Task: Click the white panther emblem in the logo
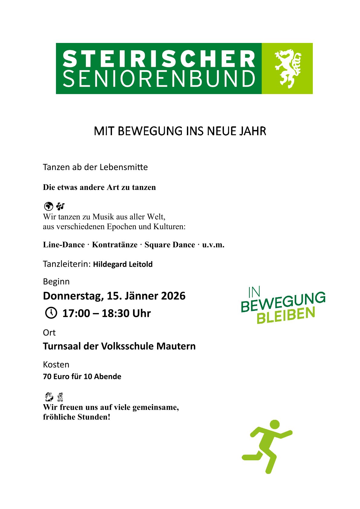pos(288,69)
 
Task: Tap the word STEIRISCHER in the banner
pos(159,59)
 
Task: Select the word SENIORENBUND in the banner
pos(159,79)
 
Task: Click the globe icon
pos(48,206)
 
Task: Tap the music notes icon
pos(61,206)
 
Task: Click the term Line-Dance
pos(64,245)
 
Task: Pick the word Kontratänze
pos(115,245)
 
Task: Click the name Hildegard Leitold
pos(123,264)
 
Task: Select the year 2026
pos(173,296)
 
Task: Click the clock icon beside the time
pos(51,313)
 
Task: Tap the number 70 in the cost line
pos(47,377)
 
